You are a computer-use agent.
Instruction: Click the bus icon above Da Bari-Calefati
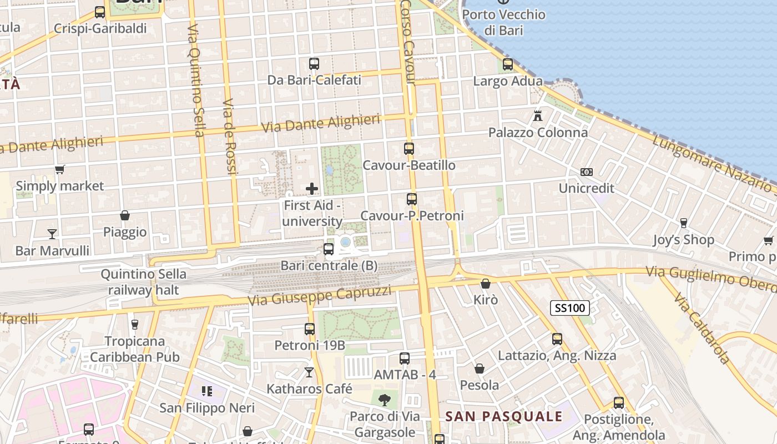coord(314,64)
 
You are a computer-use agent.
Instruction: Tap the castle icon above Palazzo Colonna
coord(537,116)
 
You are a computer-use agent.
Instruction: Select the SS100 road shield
coord(570,308)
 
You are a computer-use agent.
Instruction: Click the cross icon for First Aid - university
coord(312,189)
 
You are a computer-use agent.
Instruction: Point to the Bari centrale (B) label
coord(329,265)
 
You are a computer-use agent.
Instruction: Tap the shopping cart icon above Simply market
coord(60,169)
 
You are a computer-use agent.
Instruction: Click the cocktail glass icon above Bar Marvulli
coord(52,234)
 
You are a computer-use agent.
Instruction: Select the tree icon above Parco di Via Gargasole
coord(384,400)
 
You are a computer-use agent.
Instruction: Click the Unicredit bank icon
coord(587,172)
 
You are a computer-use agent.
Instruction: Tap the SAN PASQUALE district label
coord(504,416)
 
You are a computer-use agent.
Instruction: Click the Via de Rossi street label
coord(230,137)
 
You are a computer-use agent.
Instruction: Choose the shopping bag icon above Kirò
coord(486,284)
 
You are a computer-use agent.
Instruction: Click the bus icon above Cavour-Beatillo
coord(409,149)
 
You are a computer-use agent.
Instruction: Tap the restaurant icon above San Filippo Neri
coord(207,391)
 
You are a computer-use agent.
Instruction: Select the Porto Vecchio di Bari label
coord(504,22)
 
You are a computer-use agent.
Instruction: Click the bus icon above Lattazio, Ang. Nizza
coord(557,339)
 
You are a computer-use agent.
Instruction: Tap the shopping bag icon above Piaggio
coord(125,215)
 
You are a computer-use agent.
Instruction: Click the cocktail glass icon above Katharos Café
coord(309,372)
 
